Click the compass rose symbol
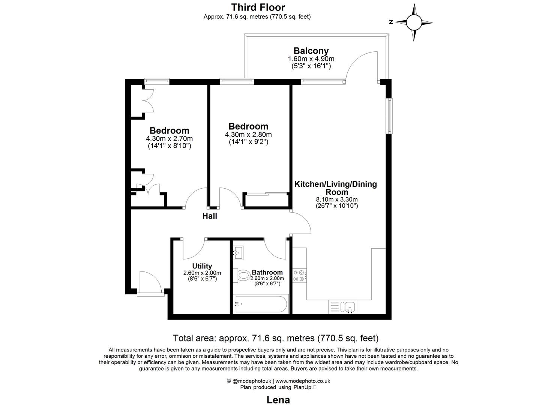pos(414,22)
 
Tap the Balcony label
pos(311,51)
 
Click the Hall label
pos(210,216)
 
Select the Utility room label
pos(202,266)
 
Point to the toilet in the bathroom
pos(242,276)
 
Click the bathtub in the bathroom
pos(260,304)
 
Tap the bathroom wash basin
pos(238,252)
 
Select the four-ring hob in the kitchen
pos(299,276)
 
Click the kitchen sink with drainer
pos(343,307)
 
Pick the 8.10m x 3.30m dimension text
pos(337,199)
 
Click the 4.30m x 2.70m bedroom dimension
pos(170,139)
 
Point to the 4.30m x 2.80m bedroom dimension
pos(248,135)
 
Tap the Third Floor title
pos(258,7)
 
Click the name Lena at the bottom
pos(278,400)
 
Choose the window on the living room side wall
pos(390,115)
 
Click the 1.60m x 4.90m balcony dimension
pos(311,59)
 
